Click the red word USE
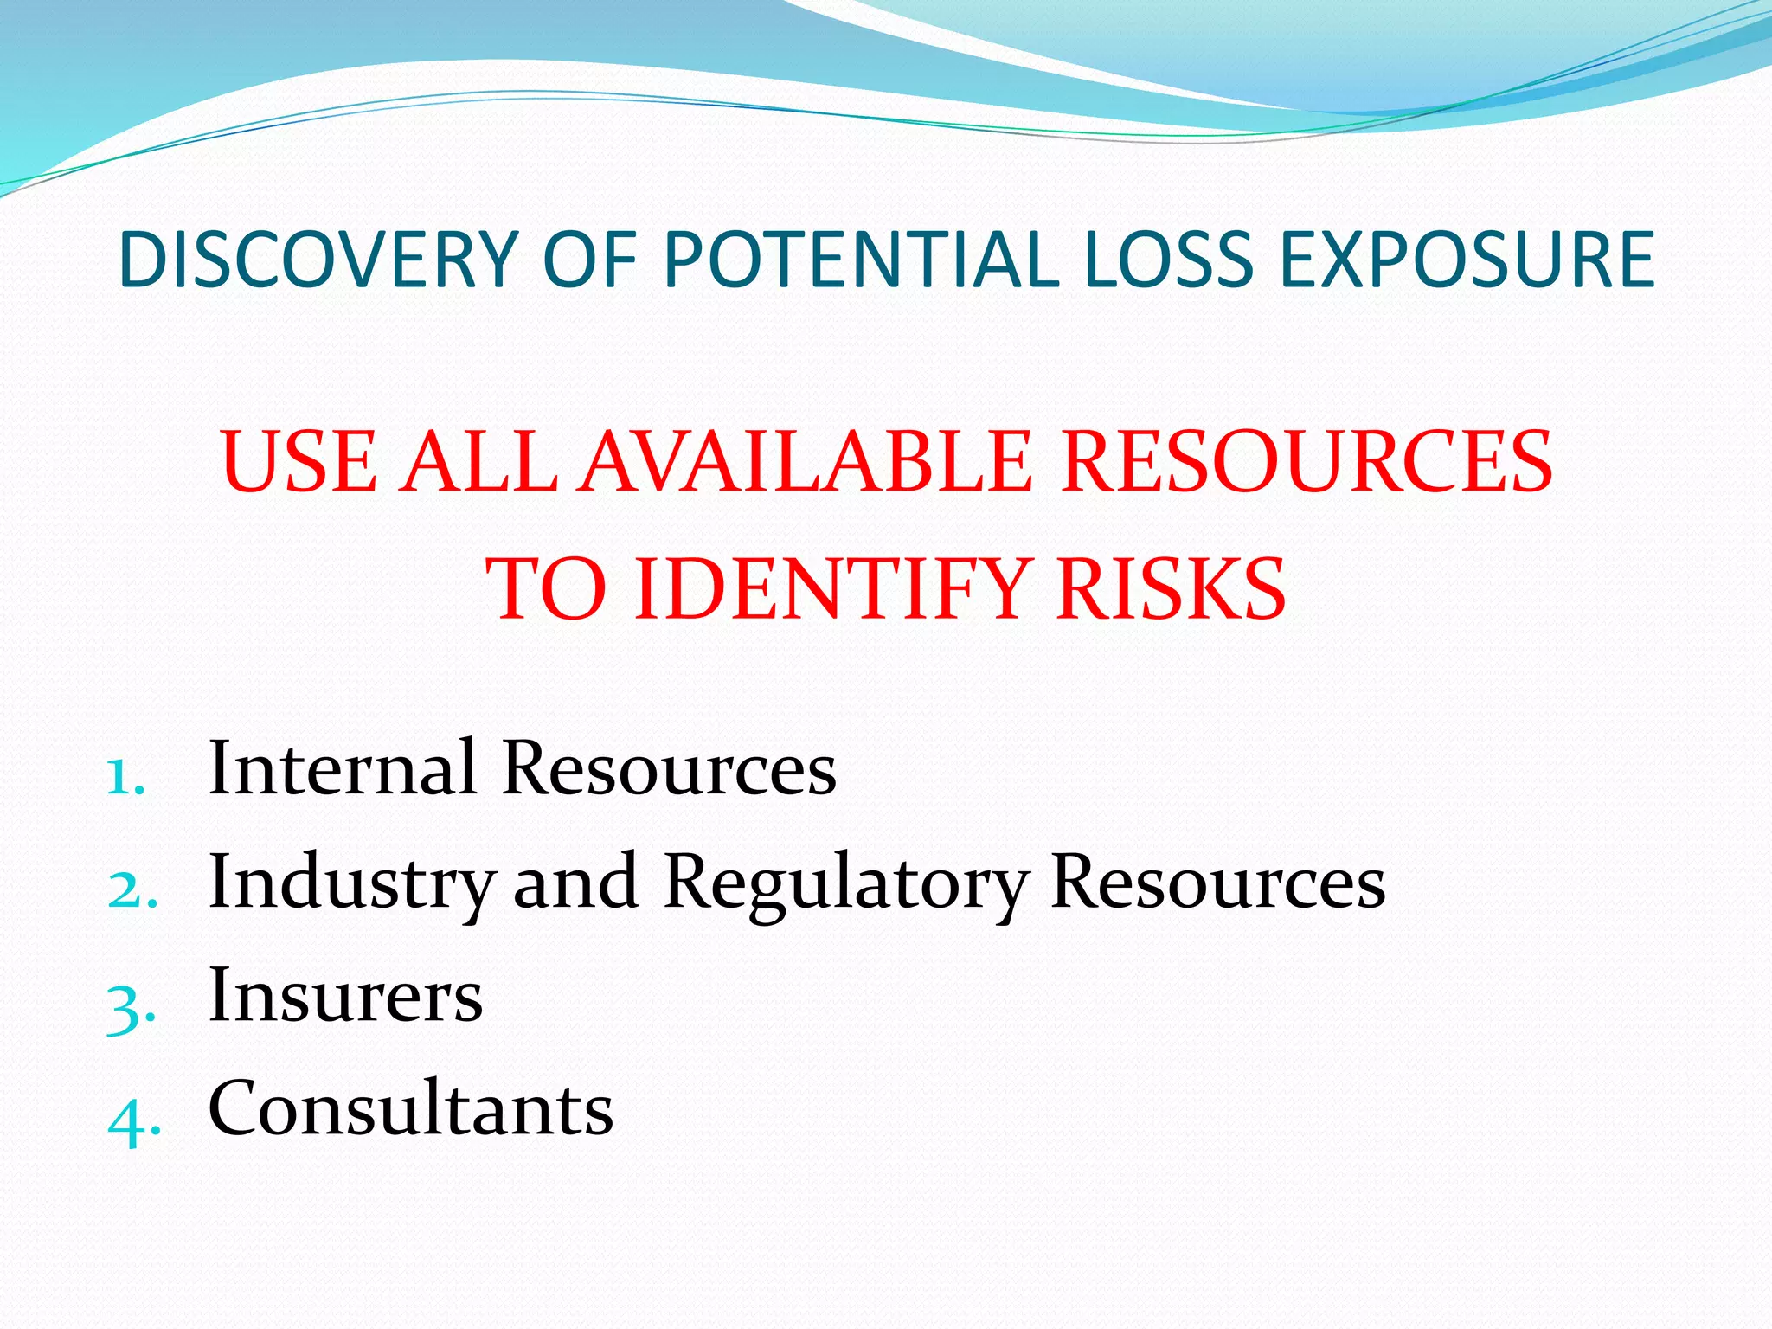pyautogui.click(x=299, y=462)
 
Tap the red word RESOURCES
pyautogui.click(x=1307, y=462)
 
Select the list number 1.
pyautogui.click(x=125, y=777)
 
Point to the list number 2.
pyautogui.click(x=132, y=890)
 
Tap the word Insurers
pyautogui.click(x=345, y=996)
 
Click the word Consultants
pyautogui.click(x=411, y=1109)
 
